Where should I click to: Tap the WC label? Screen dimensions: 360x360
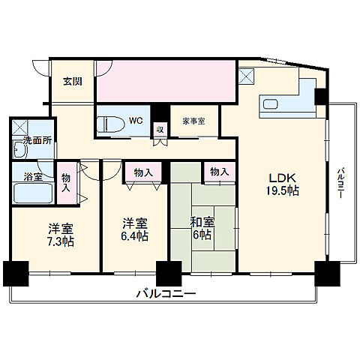[x=135, y=120]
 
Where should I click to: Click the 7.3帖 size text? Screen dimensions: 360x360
[x=61, y=241]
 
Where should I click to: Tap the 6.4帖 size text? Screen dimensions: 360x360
[x=135, y=235]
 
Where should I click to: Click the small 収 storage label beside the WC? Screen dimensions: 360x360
[x=159, y=128]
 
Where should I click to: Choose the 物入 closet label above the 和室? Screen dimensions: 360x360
[x=220, y=172]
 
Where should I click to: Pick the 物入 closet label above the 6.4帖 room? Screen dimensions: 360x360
[x=142, y=172]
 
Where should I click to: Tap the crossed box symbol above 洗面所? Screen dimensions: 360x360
[x=21, y=126]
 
